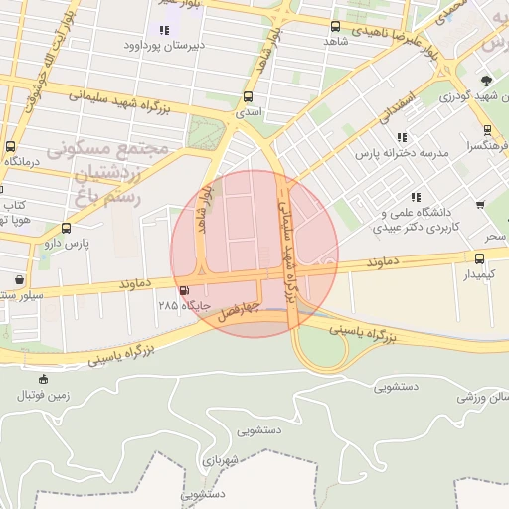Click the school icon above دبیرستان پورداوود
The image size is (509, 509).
tap(164, 31)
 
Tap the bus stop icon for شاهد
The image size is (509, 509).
tap(334, 26)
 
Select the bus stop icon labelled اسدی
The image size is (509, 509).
tap(248, 97)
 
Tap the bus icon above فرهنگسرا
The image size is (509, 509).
tap(486, 129)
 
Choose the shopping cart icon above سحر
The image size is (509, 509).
tap(481, 205)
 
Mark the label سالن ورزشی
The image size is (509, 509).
tap(485, 396)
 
